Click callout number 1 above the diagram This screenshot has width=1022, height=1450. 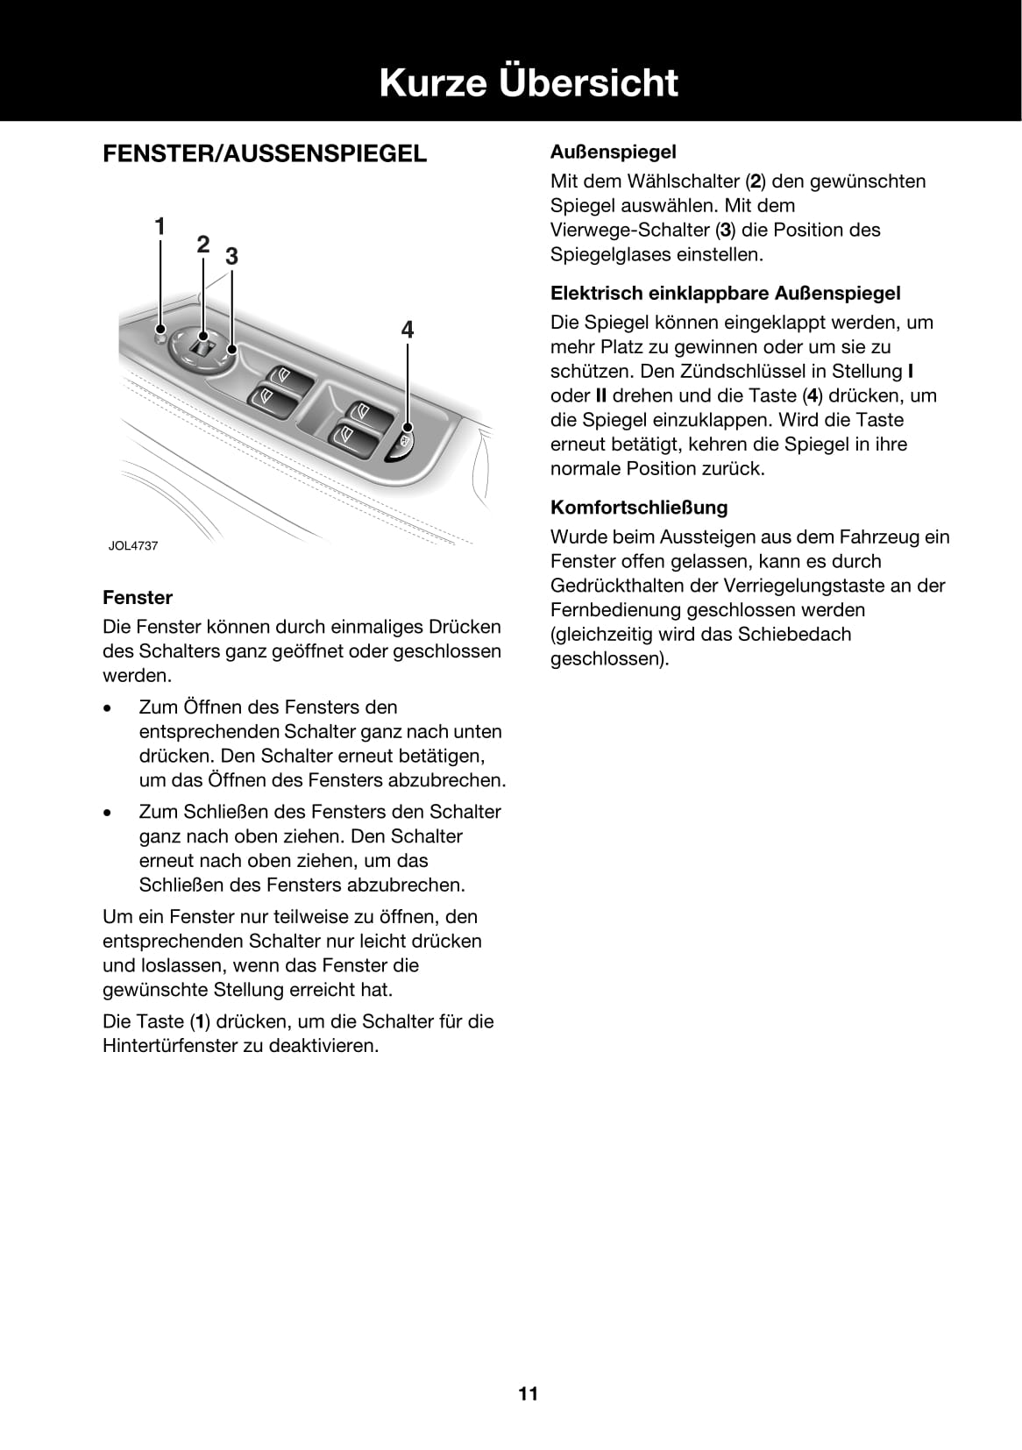(160, 227)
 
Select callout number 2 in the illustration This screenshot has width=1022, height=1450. (203, 245)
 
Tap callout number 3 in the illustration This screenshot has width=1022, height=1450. (231, 257)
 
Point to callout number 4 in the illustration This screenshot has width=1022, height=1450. (408, 330)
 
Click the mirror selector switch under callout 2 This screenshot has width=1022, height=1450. (203, 345)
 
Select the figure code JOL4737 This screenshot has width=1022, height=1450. (133, 545)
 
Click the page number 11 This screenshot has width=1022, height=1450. (528, 1393)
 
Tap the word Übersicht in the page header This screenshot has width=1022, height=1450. (588, 82)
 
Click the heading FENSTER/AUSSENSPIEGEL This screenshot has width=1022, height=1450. (265, 153)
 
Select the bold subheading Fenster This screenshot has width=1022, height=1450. (138, 597)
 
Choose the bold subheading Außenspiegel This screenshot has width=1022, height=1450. (613, 152)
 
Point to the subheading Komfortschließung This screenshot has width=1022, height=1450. (639, 507)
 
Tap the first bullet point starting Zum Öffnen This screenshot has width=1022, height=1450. (321, 743)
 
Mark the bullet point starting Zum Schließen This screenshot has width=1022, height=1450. (319, 848)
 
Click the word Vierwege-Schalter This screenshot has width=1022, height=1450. (629, 230)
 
